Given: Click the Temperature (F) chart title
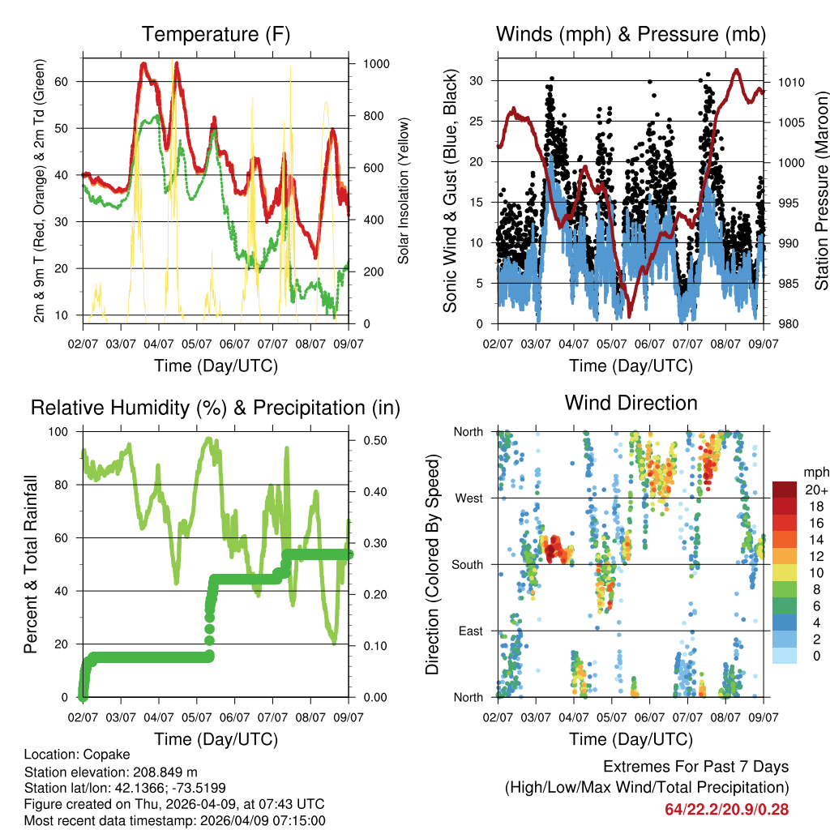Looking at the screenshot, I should pyautogui.click(x=216, y=35).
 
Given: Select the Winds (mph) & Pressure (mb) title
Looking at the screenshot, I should pyautogui.click(x=631, y=35).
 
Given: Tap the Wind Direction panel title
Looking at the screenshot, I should pyautogui.click(x=631, y=403).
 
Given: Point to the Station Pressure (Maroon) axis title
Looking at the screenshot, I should pyautogui.click(x=821, y=190).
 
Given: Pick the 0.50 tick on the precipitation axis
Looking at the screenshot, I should pyautogui.click(x=374, y=440).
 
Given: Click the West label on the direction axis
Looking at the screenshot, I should pyautogui.click(x=468, y=498).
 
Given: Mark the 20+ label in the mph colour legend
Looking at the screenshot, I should pyautogui.click(x=815, y=490).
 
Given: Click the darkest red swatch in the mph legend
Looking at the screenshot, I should pyautogui.click(x=785, y=490).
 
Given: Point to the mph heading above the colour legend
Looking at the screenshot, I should pyautogui.click(x=815, y=472).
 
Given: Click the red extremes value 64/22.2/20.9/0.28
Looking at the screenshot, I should pyautogui.click(x=726, y=809).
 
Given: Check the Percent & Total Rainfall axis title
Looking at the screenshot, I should pyautogui.click(x=30, y=564).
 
